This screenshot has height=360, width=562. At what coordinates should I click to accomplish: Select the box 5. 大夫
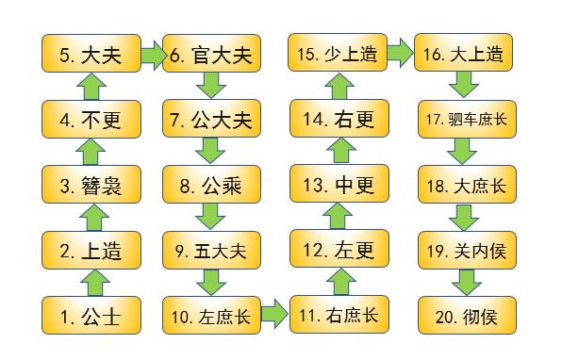point(92,55)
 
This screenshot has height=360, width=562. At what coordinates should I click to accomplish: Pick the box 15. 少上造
point(338,55)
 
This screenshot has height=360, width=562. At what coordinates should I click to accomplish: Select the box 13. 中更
point(338,185)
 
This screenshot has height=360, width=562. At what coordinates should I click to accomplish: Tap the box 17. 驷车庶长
point(464,120)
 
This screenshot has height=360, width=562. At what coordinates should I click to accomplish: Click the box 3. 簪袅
point(92,185)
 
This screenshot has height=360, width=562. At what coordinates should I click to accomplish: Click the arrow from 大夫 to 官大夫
point(152,55)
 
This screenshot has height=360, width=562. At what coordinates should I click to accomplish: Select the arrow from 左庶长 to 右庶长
point(274,311)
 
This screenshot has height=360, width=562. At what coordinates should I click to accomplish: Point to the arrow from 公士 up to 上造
point(92,281)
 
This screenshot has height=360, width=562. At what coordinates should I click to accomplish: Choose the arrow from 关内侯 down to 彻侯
point(464,281)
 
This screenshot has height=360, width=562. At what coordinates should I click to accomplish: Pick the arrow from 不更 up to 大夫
point(92,88)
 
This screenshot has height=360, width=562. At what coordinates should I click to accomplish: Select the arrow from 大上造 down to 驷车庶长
point(464,88)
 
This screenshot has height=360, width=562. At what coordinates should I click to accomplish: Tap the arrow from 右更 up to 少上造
point(338,88)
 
